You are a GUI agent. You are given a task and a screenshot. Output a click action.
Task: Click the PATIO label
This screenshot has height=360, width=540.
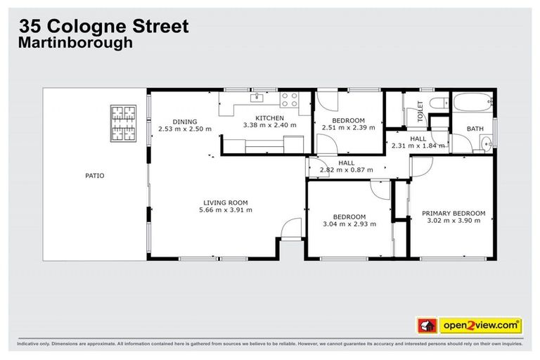[x=95, y=176]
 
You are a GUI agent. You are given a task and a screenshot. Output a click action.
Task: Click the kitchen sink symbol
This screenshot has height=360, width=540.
[x=258, y=97]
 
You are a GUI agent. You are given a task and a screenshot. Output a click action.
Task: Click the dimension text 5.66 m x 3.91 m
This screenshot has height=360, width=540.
[x=226, y=210]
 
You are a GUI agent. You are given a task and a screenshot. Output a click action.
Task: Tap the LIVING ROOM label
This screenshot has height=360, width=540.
[x=226, y=202]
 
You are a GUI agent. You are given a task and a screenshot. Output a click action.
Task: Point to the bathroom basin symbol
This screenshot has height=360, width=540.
[x=485, y=144]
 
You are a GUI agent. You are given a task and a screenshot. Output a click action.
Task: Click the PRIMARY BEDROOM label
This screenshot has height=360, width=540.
[x=454, y=213]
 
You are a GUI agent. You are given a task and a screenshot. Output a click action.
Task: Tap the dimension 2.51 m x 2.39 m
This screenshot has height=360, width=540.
[x=348, y=128]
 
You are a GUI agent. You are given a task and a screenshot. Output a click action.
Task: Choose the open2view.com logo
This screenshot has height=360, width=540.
[x=480, y=325]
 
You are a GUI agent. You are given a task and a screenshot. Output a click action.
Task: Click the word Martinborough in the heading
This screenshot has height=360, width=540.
[x=75, y=43]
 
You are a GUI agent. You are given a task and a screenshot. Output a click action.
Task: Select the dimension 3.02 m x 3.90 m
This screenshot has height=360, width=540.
[x=454, y=220]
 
